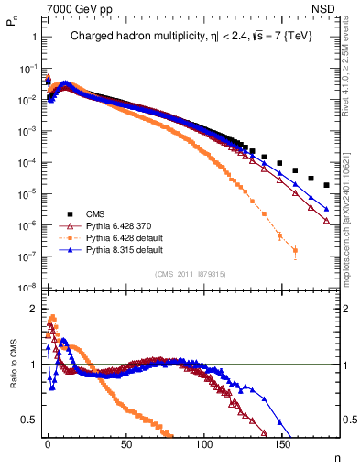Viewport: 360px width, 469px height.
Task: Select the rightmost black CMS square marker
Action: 327,185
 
